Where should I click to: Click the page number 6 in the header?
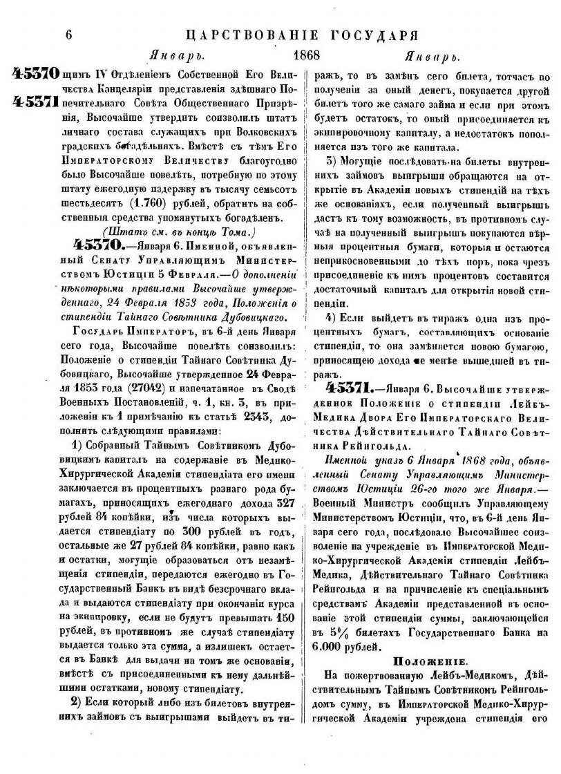coord(68,34)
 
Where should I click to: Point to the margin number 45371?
coord(34,102)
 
